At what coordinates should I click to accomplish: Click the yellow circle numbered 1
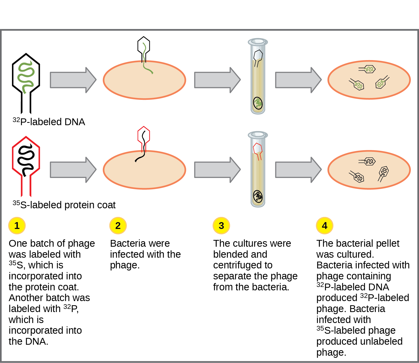click(17, 226)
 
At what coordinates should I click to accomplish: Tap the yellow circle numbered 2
click(118, 226)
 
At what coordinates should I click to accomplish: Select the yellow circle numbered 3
click(221, 226)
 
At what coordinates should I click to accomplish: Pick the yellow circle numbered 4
click(324, 226)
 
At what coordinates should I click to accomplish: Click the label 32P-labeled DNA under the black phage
click(49, 122)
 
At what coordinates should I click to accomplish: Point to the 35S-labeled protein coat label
click(64, 205)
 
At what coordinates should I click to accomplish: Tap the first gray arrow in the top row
click(73, 80)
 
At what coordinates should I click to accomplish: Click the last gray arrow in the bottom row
click(298, 170)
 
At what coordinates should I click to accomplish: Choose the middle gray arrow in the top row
click(217, 80)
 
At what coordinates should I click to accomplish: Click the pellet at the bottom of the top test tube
click(258, 103)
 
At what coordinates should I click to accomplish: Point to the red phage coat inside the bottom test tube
click(258, 150)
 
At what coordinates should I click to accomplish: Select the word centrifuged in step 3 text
click(243, 265)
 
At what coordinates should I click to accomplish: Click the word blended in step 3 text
click(227, 254)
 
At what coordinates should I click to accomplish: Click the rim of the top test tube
click(258, 41)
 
